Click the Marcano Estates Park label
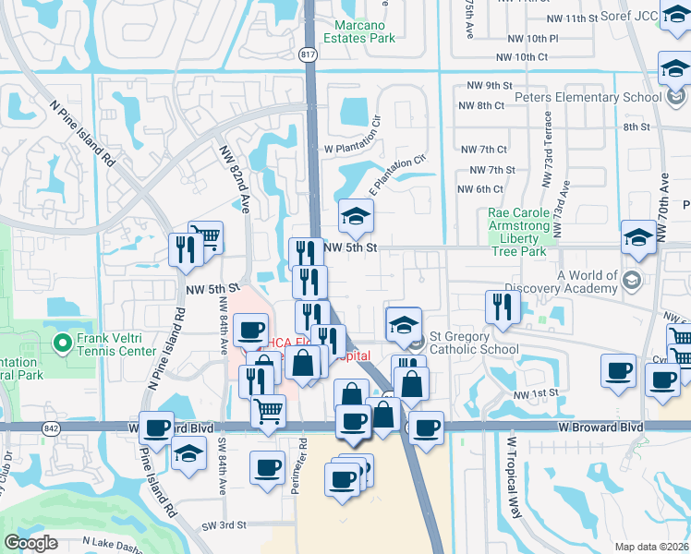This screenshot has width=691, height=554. (359, 30)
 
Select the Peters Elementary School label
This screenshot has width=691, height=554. (603, 97)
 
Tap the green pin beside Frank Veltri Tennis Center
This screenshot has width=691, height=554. (63, 344)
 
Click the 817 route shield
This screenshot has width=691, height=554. (309, 54)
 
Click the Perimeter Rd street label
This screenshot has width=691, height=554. (299, 466)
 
